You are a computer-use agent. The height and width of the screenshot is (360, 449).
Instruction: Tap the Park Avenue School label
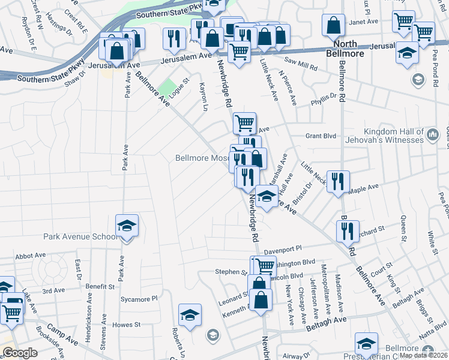point(80,236)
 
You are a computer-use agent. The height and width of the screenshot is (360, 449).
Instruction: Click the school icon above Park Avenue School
point(127,226)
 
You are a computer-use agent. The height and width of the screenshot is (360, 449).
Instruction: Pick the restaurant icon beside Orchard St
point(347,231)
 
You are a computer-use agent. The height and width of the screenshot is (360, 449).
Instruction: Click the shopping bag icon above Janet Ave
point(334,26)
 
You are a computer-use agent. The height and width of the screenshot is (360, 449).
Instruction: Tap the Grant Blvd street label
point(321,136)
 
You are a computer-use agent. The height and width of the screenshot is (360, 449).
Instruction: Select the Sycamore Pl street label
point(138,298)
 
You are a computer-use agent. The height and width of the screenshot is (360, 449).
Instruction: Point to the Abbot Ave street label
point(31,255)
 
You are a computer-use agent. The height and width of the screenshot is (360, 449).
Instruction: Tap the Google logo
point(20,353)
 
